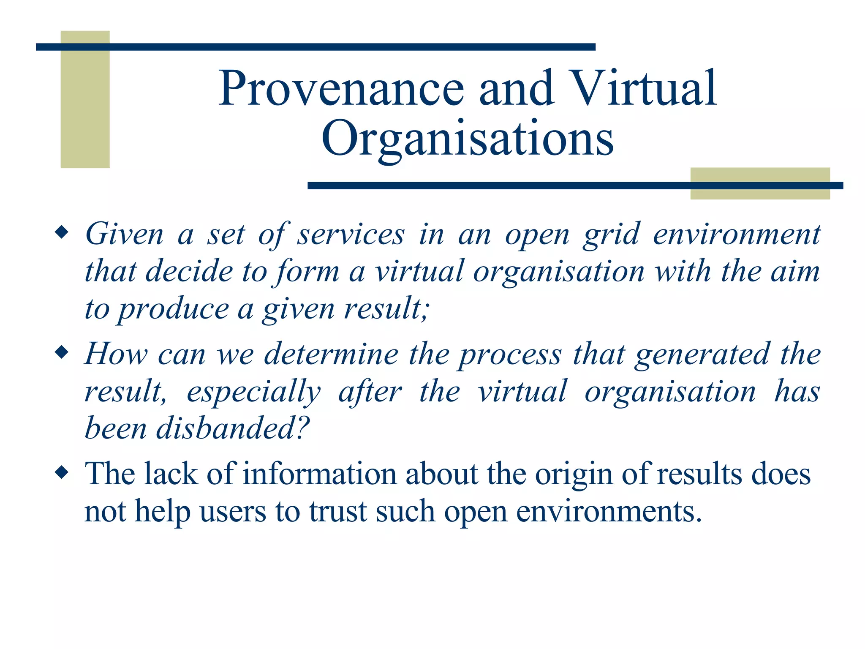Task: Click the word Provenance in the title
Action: [x=341, y=89]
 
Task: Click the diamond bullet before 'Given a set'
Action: [x=62, y=233]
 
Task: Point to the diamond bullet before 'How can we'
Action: [x=62, y=352]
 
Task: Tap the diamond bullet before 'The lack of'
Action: [x=62, y=472]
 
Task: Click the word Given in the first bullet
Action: [x=124, y=234]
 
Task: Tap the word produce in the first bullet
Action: [x=173, y=309]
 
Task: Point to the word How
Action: [x=116, y=354]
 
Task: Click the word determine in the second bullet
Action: [x=331, y=354]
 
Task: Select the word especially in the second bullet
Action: [x=253, y=392]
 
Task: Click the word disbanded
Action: [x=233, y=428]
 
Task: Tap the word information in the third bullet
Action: [x=320, y=474]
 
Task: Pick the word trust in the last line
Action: [x=337, y=511]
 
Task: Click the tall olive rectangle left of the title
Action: [x=85, y=100]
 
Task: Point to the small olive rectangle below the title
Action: [x=760, y=183]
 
